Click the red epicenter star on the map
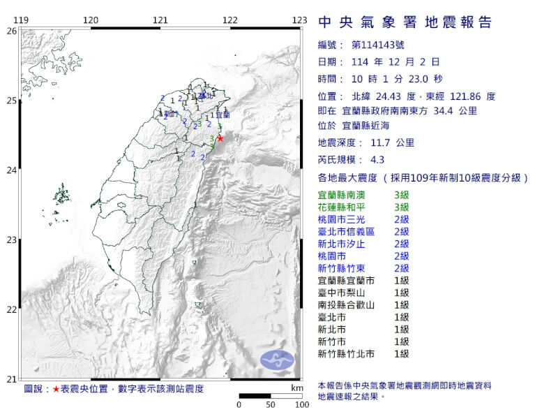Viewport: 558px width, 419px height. (220, 138)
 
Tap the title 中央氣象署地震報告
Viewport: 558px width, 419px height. (405, 22)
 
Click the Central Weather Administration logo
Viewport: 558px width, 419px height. (278, 360)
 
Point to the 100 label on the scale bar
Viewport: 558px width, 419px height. (301, 404)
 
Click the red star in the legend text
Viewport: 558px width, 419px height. (56, 388)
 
